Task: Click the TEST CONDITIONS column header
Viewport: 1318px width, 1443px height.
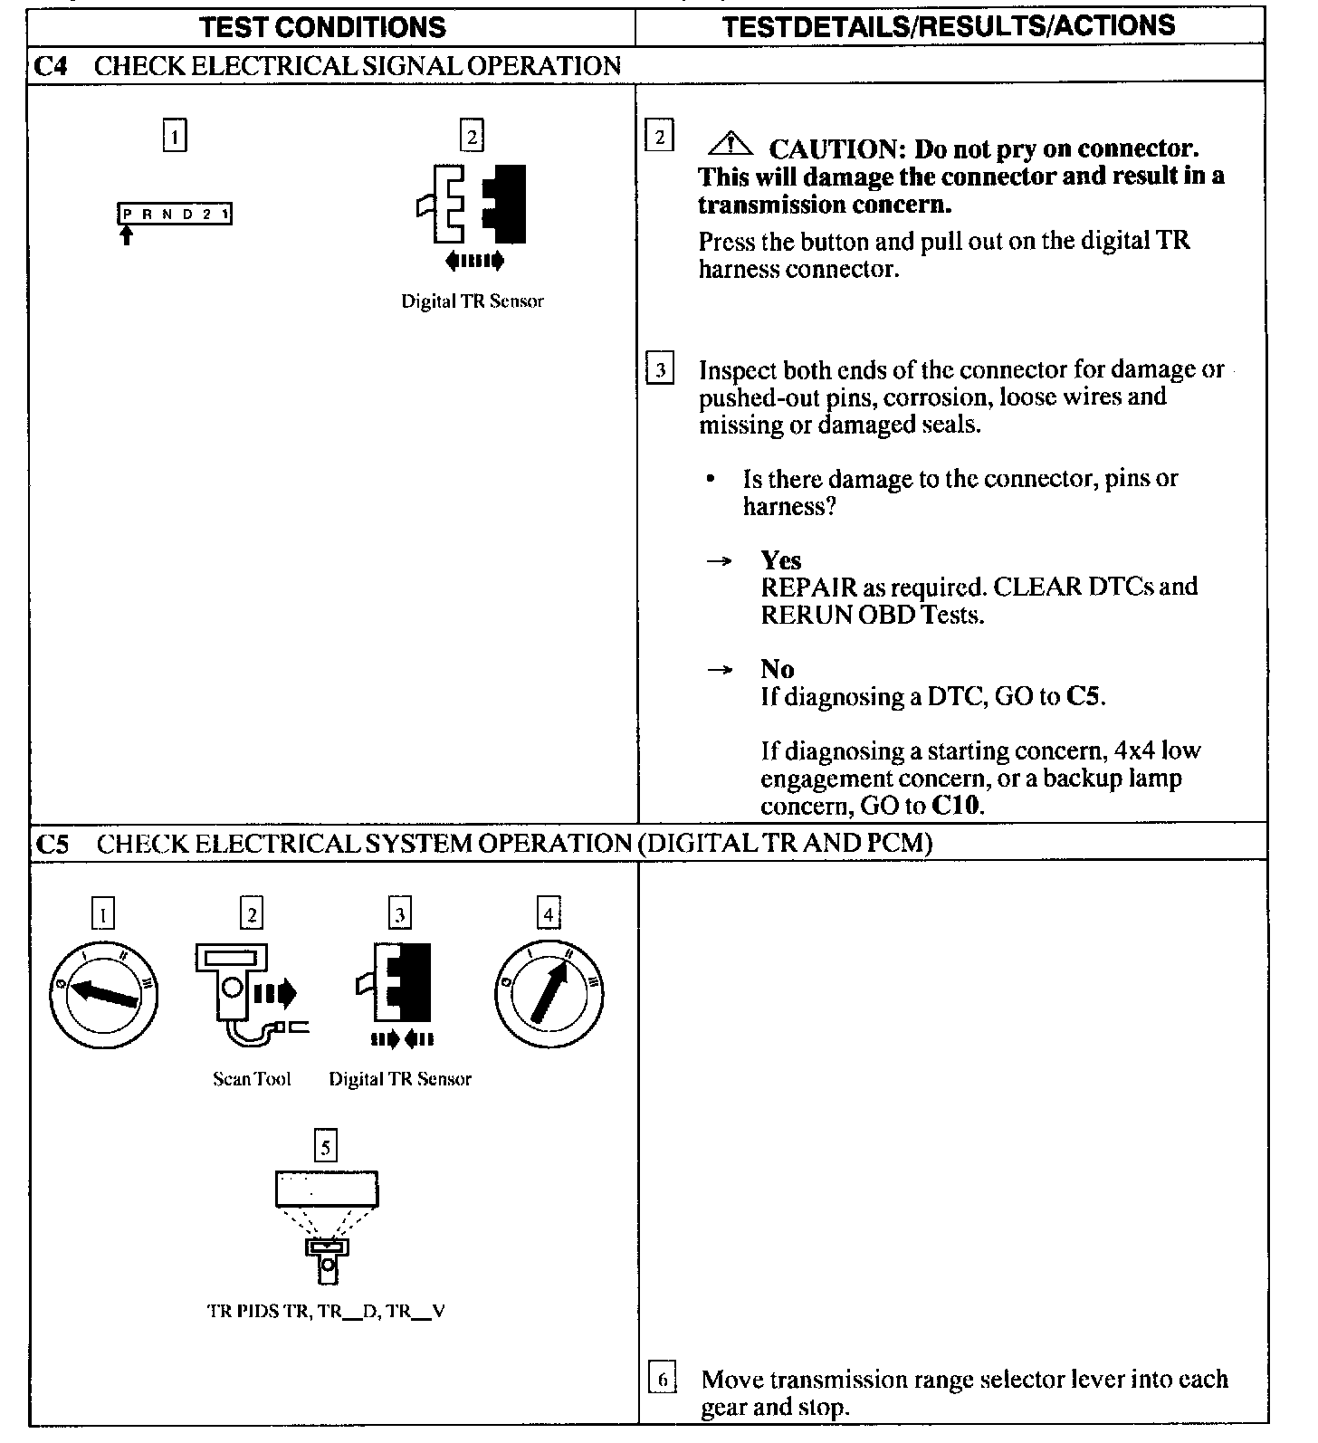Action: point(322,27)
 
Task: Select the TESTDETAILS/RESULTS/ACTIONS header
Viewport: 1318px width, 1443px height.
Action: point(949,25)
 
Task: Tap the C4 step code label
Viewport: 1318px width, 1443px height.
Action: point(51,66)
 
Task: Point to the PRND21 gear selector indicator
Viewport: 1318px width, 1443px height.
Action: point(175,215)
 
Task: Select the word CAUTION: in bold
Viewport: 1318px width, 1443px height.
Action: point(837,148)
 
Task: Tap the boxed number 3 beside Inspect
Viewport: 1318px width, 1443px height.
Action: point(660,370)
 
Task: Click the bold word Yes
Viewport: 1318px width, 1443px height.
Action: point(780,560)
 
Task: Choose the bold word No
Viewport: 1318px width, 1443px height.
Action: point(777,669)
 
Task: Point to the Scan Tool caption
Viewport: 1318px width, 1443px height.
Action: point(252,1078)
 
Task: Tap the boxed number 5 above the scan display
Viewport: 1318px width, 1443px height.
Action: point(325,1147)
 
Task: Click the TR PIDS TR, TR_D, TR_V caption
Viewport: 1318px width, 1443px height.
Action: point(326,1311)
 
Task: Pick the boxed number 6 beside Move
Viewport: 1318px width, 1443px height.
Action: point(663,1381)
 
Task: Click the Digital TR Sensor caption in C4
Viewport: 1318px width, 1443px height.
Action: point(473,301)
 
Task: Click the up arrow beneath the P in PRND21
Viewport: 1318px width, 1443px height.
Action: point(127,235)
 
